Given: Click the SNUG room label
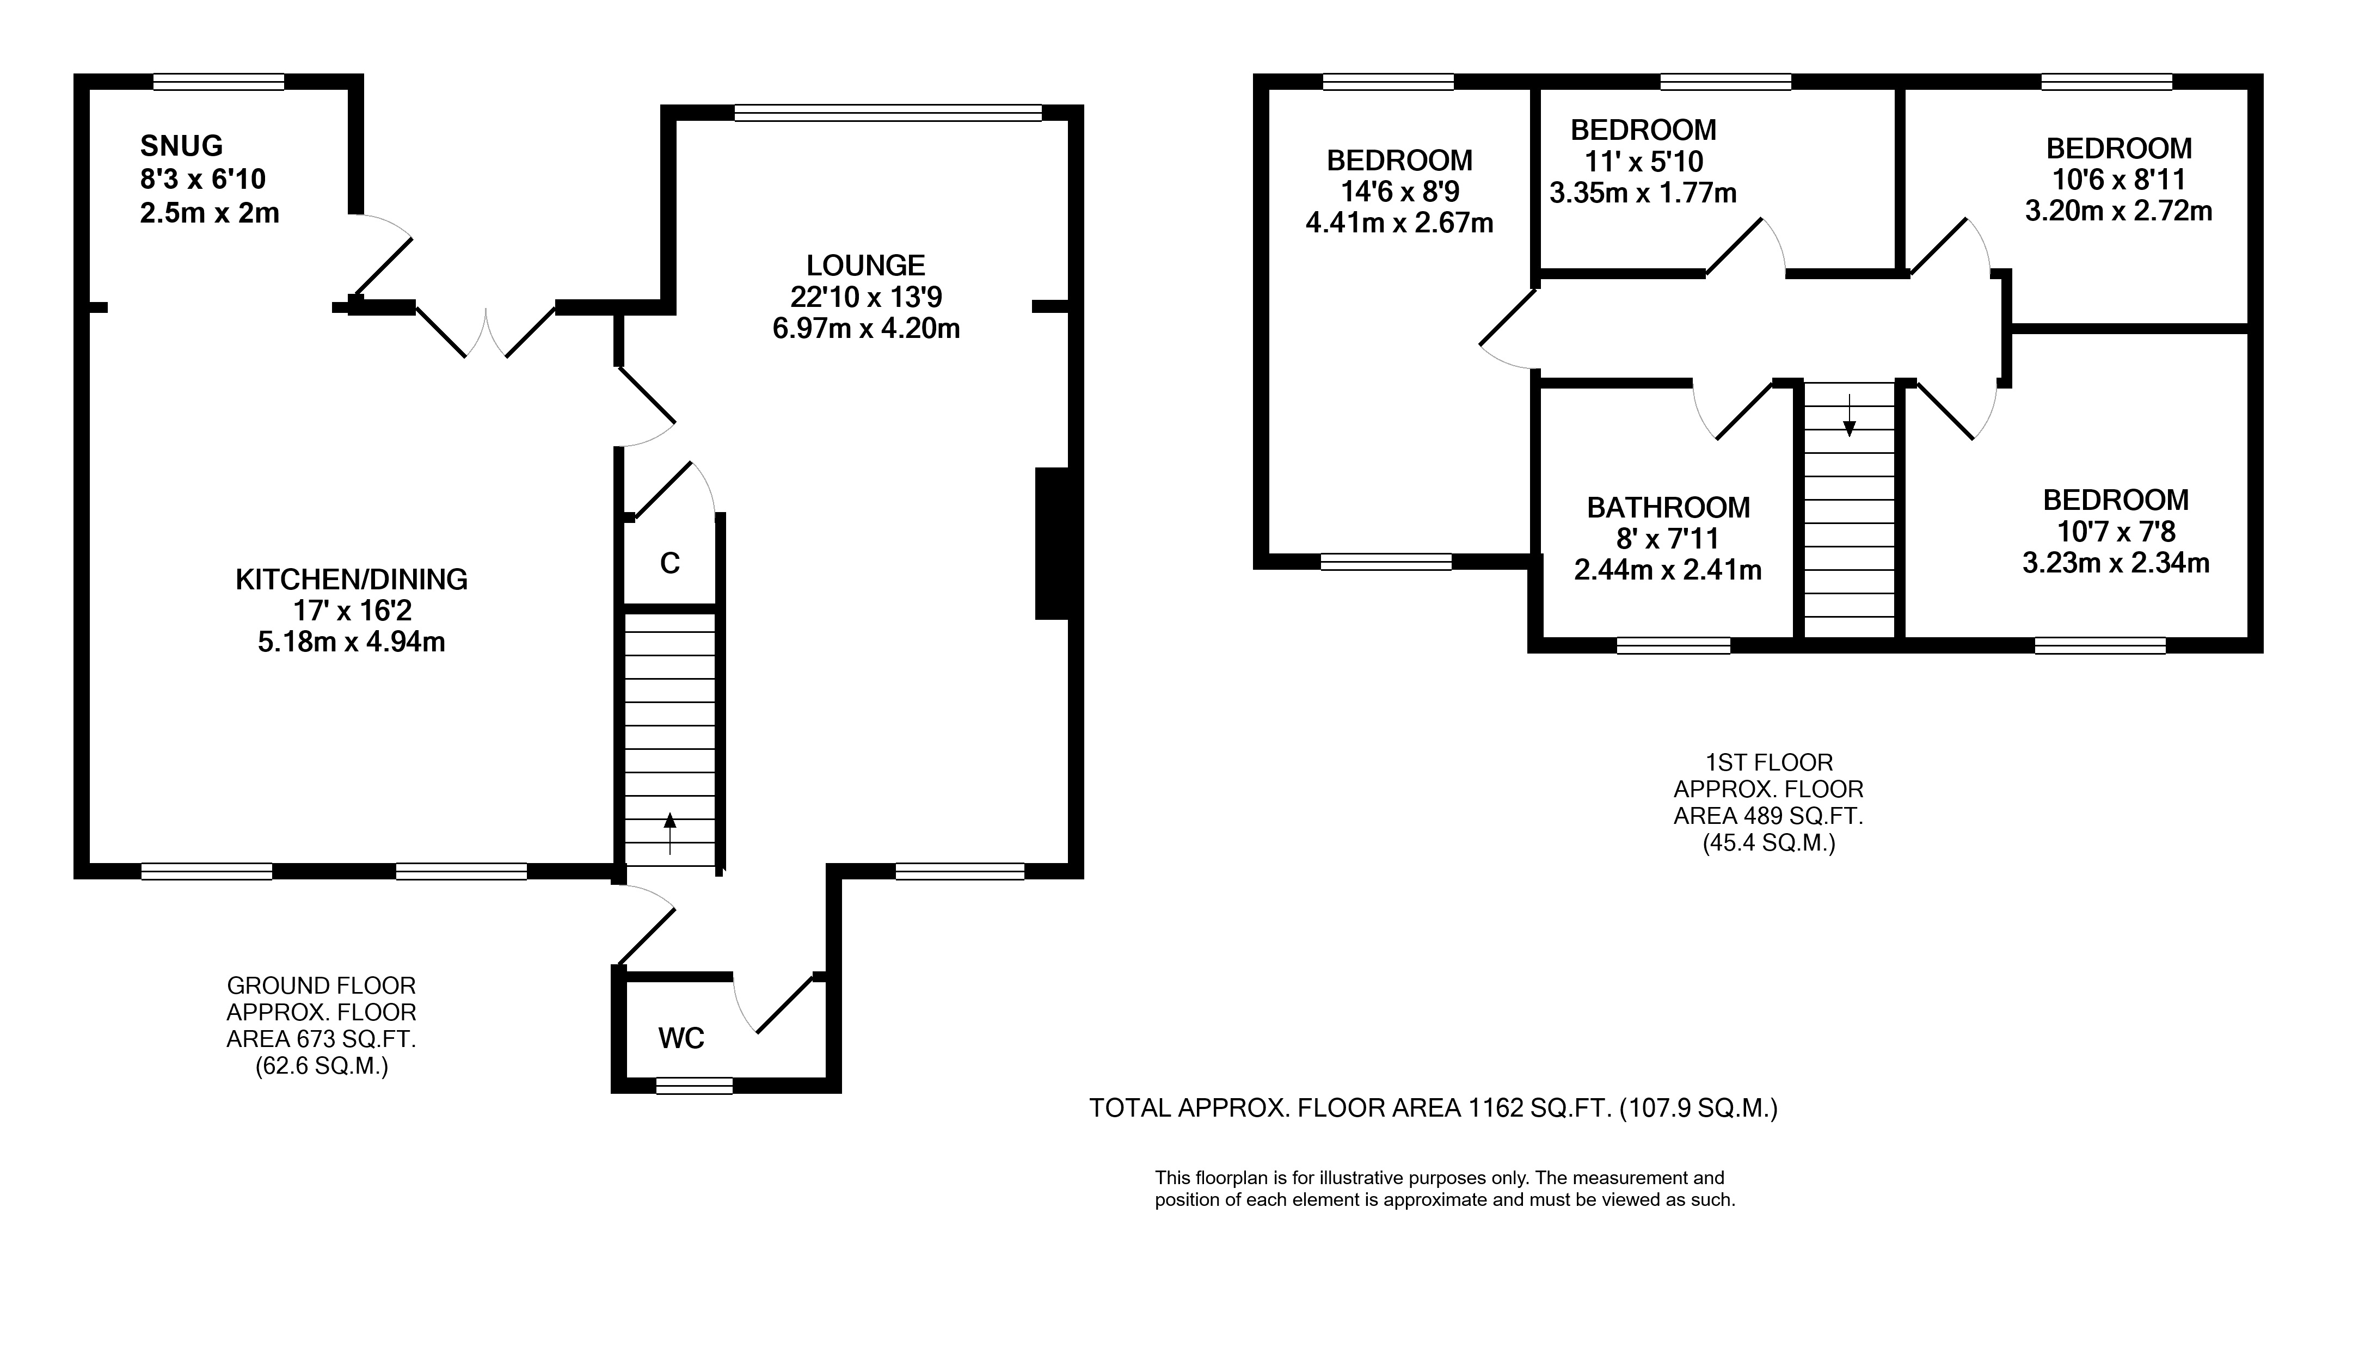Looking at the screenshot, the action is [181, 146].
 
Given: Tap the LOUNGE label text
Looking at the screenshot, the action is [865, 266].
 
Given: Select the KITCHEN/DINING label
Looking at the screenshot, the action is [351, 580].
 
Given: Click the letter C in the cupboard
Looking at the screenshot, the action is [670, 563].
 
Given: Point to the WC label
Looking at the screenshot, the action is [681, 1039].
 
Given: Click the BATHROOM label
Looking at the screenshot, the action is [1668, 508].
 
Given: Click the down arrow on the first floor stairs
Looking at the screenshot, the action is [1849, 415].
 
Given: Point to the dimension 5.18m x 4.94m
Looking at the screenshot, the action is [352, 642].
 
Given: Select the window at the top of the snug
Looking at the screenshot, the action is [219, 82].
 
